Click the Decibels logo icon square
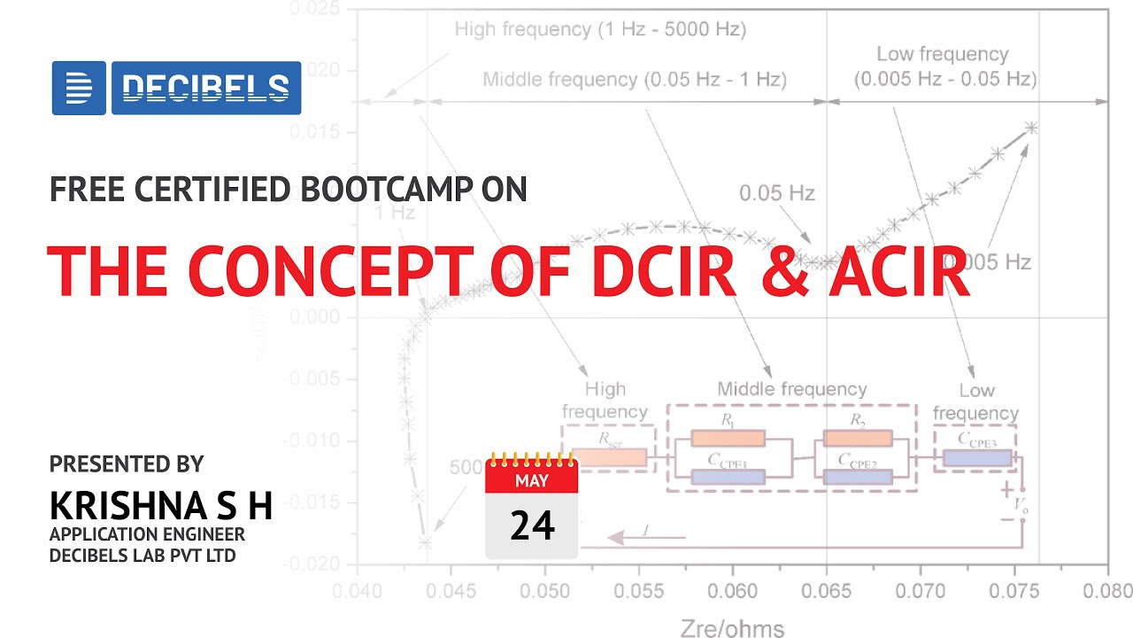tap(79, 88)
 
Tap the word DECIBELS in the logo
tap(205, 88)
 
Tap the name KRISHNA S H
tap(160, 504)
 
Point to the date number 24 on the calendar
tap(532, 525)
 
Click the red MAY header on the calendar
tap(531, 481)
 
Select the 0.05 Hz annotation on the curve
tap(776, 192)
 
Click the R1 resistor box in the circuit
tap(728, 438)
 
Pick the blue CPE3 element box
tap(976, 458)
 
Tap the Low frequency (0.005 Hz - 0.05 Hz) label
tap(944, 66)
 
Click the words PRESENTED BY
tap(127, 463)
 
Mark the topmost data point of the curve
tap(1031, 128)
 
